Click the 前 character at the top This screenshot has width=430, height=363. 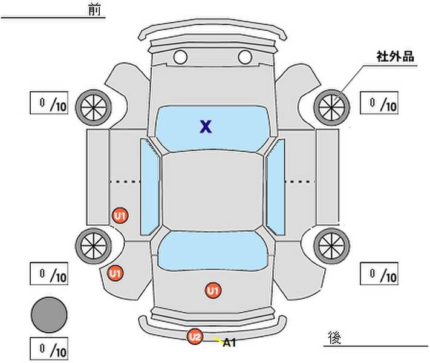(95, 10)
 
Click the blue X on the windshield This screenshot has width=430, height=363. (206, 126)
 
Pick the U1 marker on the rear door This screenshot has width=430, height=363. (120, 215)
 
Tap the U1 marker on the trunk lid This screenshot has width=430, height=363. (212, 291)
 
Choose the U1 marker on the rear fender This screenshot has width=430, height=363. (115, 273)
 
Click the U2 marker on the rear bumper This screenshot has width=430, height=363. (195, 336)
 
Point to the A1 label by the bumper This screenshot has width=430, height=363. (229, 343)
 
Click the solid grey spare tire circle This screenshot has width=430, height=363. (49, 315)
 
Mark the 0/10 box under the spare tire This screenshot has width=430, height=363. (49, 349)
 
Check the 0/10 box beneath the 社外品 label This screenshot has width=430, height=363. (379, 103)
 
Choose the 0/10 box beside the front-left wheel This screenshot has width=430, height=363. (49, 103)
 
